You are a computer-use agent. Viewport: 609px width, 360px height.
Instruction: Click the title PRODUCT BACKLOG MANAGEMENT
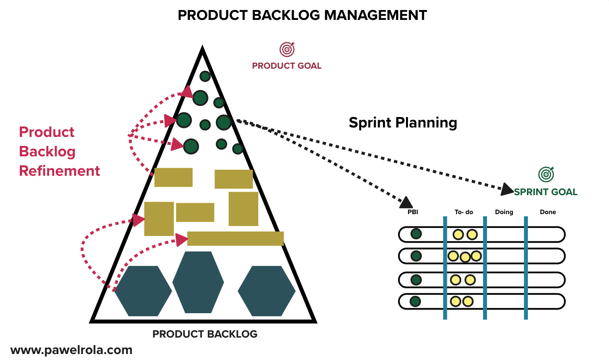(302, 15)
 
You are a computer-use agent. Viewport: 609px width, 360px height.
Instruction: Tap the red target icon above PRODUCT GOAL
(287, 49)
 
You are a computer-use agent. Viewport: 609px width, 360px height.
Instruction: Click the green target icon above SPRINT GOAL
(546, 174)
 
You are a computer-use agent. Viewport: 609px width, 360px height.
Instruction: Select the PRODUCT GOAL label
(287, 66)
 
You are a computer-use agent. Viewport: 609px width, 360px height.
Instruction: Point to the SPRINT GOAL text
(546, 192)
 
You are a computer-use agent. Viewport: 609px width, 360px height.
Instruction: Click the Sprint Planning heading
(403, 122)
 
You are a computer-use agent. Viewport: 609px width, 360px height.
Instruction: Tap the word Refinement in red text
(59, 171)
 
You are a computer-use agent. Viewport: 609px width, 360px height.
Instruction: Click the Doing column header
(504, 212)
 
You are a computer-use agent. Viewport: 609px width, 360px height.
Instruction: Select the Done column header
(548, 212)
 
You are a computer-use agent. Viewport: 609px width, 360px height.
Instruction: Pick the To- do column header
(464, 212)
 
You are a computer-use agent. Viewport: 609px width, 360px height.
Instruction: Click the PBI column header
(412, 212)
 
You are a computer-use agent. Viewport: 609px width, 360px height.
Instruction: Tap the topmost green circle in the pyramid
(205, 76)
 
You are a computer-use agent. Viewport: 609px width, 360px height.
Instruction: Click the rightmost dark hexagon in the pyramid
(267, 291)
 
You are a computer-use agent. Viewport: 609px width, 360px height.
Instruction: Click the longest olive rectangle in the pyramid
(235, 239)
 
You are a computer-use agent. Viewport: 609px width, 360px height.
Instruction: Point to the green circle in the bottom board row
(415, 301)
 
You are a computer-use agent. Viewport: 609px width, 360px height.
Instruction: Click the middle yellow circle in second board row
(465, 257)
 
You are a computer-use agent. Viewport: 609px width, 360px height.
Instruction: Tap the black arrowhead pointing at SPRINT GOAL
(507, 189)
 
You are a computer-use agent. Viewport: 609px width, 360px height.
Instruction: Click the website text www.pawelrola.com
(71, 350)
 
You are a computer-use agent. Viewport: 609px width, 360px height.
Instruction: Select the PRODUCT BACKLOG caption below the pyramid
(205, 334)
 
